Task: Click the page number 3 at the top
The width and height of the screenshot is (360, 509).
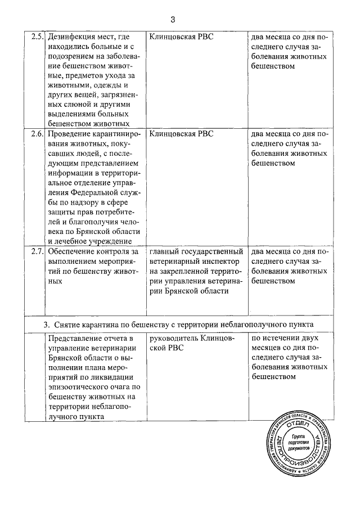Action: pyautogui.click(x=173, y=20)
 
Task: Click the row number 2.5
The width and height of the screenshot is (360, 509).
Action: pyautogui.click(x=37, y=37)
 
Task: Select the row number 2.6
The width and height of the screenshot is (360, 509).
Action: pyautogui.click(x=37, y=134)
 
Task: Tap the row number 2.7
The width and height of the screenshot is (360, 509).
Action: pyautogui.click(x=37, y=251)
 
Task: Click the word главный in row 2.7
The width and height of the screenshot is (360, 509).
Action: pyautogui.click(x=166, y=251)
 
